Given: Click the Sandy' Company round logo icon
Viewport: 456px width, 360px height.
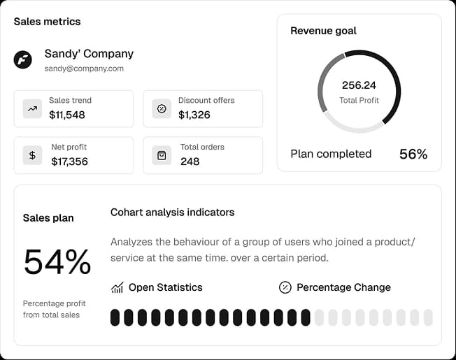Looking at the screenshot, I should point(23,59).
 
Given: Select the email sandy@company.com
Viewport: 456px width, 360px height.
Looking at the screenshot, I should point(84,69).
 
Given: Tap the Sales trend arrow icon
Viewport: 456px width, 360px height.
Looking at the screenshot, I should point(32,108).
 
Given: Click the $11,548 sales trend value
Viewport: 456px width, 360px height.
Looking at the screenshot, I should point(67,115).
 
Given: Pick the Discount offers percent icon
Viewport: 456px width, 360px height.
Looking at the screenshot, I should point(162,108).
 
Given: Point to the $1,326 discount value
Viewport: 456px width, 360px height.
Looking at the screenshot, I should point(194,115).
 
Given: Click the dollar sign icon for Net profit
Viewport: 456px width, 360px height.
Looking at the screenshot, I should point(32,155).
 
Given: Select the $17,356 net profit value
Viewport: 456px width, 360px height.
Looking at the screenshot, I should point(69,161).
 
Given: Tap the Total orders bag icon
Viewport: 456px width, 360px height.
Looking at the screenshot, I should point(162,155).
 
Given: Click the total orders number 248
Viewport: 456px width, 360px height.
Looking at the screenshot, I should point(190,161).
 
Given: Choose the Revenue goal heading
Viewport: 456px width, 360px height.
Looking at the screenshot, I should point(323,31).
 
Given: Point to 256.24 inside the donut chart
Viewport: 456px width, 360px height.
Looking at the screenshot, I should point(359,85).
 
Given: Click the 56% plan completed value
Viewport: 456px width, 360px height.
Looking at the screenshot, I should point(413,154).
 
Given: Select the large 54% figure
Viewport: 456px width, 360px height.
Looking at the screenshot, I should point(57,262).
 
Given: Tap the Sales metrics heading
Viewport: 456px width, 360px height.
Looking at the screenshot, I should point(47,22).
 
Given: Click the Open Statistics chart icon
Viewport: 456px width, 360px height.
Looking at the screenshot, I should point(117,287).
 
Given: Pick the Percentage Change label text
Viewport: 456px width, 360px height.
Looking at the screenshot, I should point(343,287).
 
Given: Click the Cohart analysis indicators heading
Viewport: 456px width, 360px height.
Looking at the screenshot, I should point(172,212).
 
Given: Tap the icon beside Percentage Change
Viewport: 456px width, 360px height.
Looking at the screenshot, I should point(285,287).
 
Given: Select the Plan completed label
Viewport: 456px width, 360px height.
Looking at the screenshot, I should point(331,154).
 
